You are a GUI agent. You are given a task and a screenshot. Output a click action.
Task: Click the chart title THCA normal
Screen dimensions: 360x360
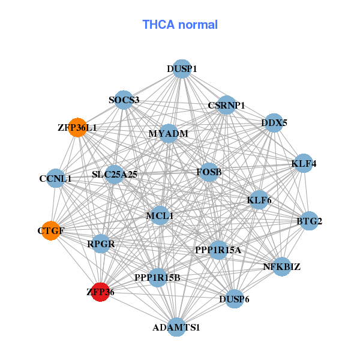click(180, 25)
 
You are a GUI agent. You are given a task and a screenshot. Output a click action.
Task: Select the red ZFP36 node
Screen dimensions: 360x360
click(100, 292)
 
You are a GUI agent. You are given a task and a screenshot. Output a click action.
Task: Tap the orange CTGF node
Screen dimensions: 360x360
click(51, 230)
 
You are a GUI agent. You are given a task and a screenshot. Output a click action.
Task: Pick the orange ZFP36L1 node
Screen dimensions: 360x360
click(77, 127)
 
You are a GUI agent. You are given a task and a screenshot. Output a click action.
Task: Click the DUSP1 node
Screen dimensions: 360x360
click(182, 69)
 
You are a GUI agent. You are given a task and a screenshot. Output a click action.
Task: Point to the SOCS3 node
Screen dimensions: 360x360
click(124, 100)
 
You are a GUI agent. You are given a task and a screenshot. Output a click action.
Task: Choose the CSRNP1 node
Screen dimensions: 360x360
click(226, 105)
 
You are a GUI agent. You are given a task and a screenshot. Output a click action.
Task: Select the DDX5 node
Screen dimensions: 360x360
click(274, 123)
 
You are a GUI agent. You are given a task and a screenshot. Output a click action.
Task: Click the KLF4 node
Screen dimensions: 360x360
click(304, 163)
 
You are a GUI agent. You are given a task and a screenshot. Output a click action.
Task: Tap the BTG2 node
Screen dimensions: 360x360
click(309, 221)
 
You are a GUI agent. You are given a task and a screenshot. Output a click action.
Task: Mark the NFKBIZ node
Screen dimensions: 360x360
click(282, 266)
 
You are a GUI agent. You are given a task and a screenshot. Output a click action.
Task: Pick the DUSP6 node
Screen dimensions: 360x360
click(235, 299)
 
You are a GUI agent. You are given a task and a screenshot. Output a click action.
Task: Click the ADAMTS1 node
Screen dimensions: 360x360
click(176, 327)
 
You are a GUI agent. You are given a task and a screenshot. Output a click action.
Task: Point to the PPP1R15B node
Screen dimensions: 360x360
click(157, 277)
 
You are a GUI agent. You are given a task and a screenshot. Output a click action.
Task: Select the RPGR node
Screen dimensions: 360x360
click(101, 244)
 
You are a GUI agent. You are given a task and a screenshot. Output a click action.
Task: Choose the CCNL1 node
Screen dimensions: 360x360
click(55, 178)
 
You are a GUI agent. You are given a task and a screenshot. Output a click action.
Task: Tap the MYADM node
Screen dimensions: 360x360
click(169, 134)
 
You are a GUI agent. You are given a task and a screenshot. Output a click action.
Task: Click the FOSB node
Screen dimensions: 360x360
click(209, 172)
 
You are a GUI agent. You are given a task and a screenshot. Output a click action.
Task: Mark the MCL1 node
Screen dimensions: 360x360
click(160, 215)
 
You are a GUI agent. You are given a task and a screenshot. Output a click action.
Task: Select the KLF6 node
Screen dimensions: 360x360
click(259, 199)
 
